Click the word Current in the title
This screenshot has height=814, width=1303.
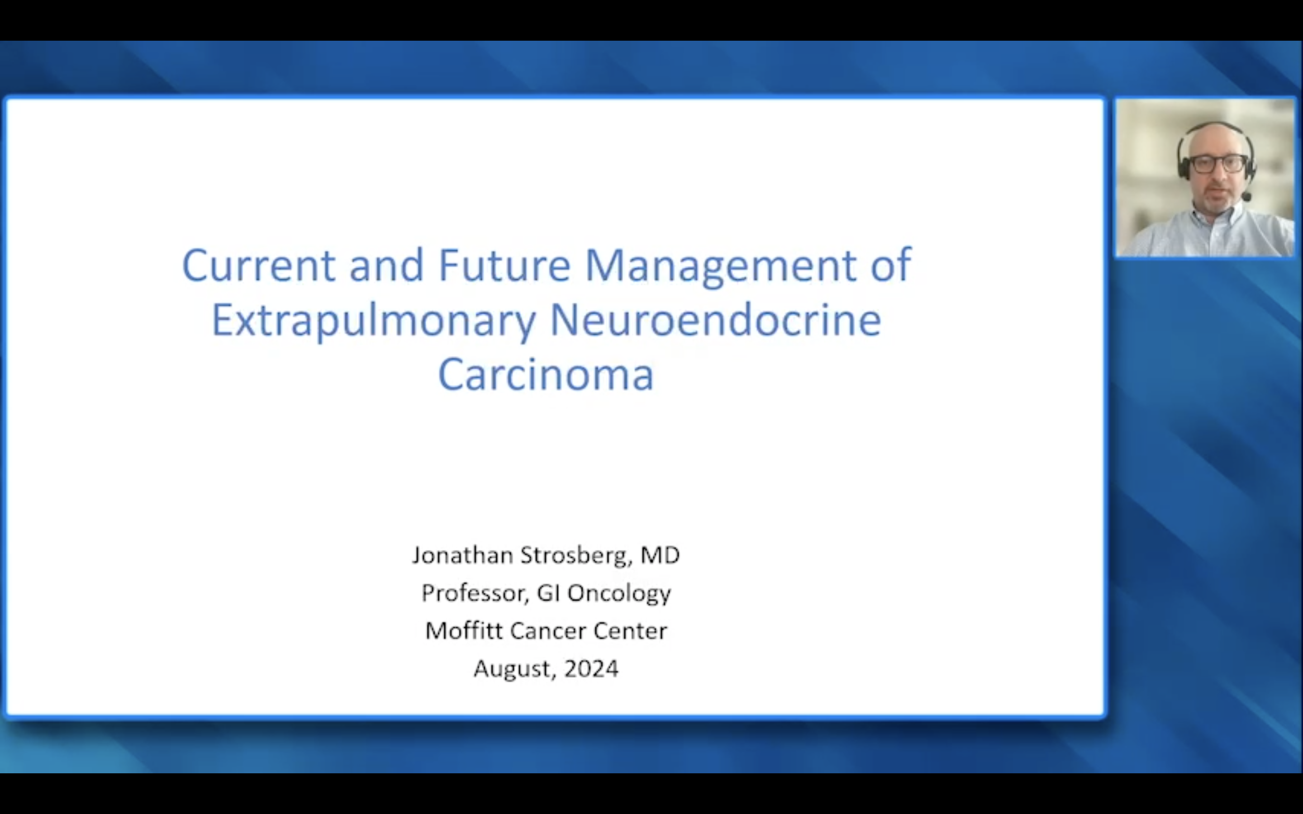[x=259, y=265]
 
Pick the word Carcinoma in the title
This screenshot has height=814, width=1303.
[x=546, y=375]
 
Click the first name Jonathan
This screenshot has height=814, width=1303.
[x=462, y=555]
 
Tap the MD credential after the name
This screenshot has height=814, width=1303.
[x=660, y=555]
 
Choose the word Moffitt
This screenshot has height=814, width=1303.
[x=464, y=630]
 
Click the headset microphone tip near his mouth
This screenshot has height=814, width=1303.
[x=1247, y=197]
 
